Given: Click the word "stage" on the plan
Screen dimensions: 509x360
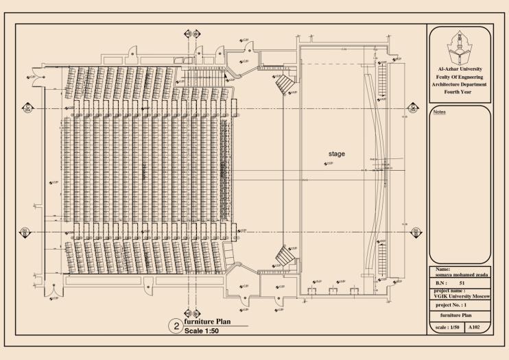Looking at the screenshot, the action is point(336,154).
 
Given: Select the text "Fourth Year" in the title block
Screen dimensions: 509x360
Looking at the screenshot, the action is point(459,91).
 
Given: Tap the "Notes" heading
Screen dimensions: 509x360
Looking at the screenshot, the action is point(437,111).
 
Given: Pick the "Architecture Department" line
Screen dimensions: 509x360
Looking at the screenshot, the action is point(459,84).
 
